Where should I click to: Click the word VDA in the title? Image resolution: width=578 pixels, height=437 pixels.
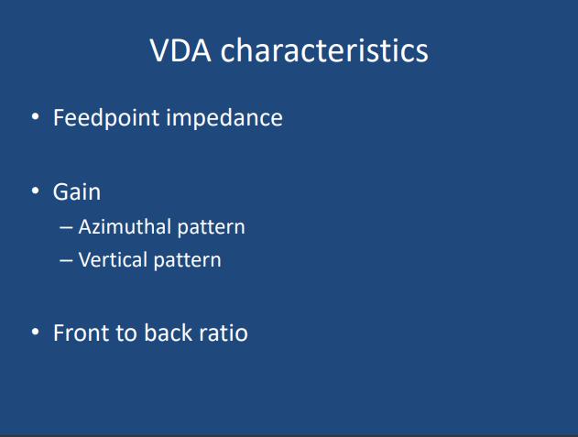(x=180, y=50)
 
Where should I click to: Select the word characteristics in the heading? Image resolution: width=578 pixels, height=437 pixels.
(x=324, y=49)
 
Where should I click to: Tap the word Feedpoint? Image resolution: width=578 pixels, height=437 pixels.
(x=106, y=118)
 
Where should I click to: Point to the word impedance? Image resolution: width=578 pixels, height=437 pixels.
(x=224, y=117)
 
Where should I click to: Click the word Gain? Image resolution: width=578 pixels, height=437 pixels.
(x=77, y=192)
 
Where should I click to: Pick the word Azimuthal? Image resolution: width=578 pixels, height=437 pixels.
(x=125, y=226)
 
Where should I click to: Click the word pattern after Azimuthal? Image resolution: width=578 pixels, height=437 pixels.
(x=212, y=227)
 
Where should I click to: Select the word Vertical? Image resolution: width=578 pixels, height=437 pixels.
(x=113, y=259)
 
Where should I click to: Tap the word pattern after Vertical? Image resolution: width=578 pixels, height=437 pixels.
(x=187, y=261)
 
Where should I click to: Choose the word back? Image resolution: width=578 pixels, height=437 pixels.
(x=168, y=333)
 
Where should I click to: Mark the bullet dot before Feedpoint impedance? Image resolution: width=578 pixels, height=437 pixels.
(x=36, y=116)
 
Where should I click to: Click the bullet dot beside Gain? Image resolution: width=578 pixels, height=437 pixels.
(x=36, y=191)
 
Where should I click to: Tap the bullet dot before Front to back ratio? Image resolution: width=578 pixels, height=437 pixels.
(x=36, y=332)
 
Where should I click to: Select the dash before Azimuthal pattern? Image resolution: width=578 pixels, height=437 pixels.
(x=66, y=228)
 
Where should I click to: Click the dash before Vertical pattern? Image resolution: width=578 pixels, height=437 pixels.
(x=66, y=261)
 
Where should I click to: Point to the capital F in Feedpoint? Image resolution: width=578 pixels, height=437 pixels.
(x=59, y=117)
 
